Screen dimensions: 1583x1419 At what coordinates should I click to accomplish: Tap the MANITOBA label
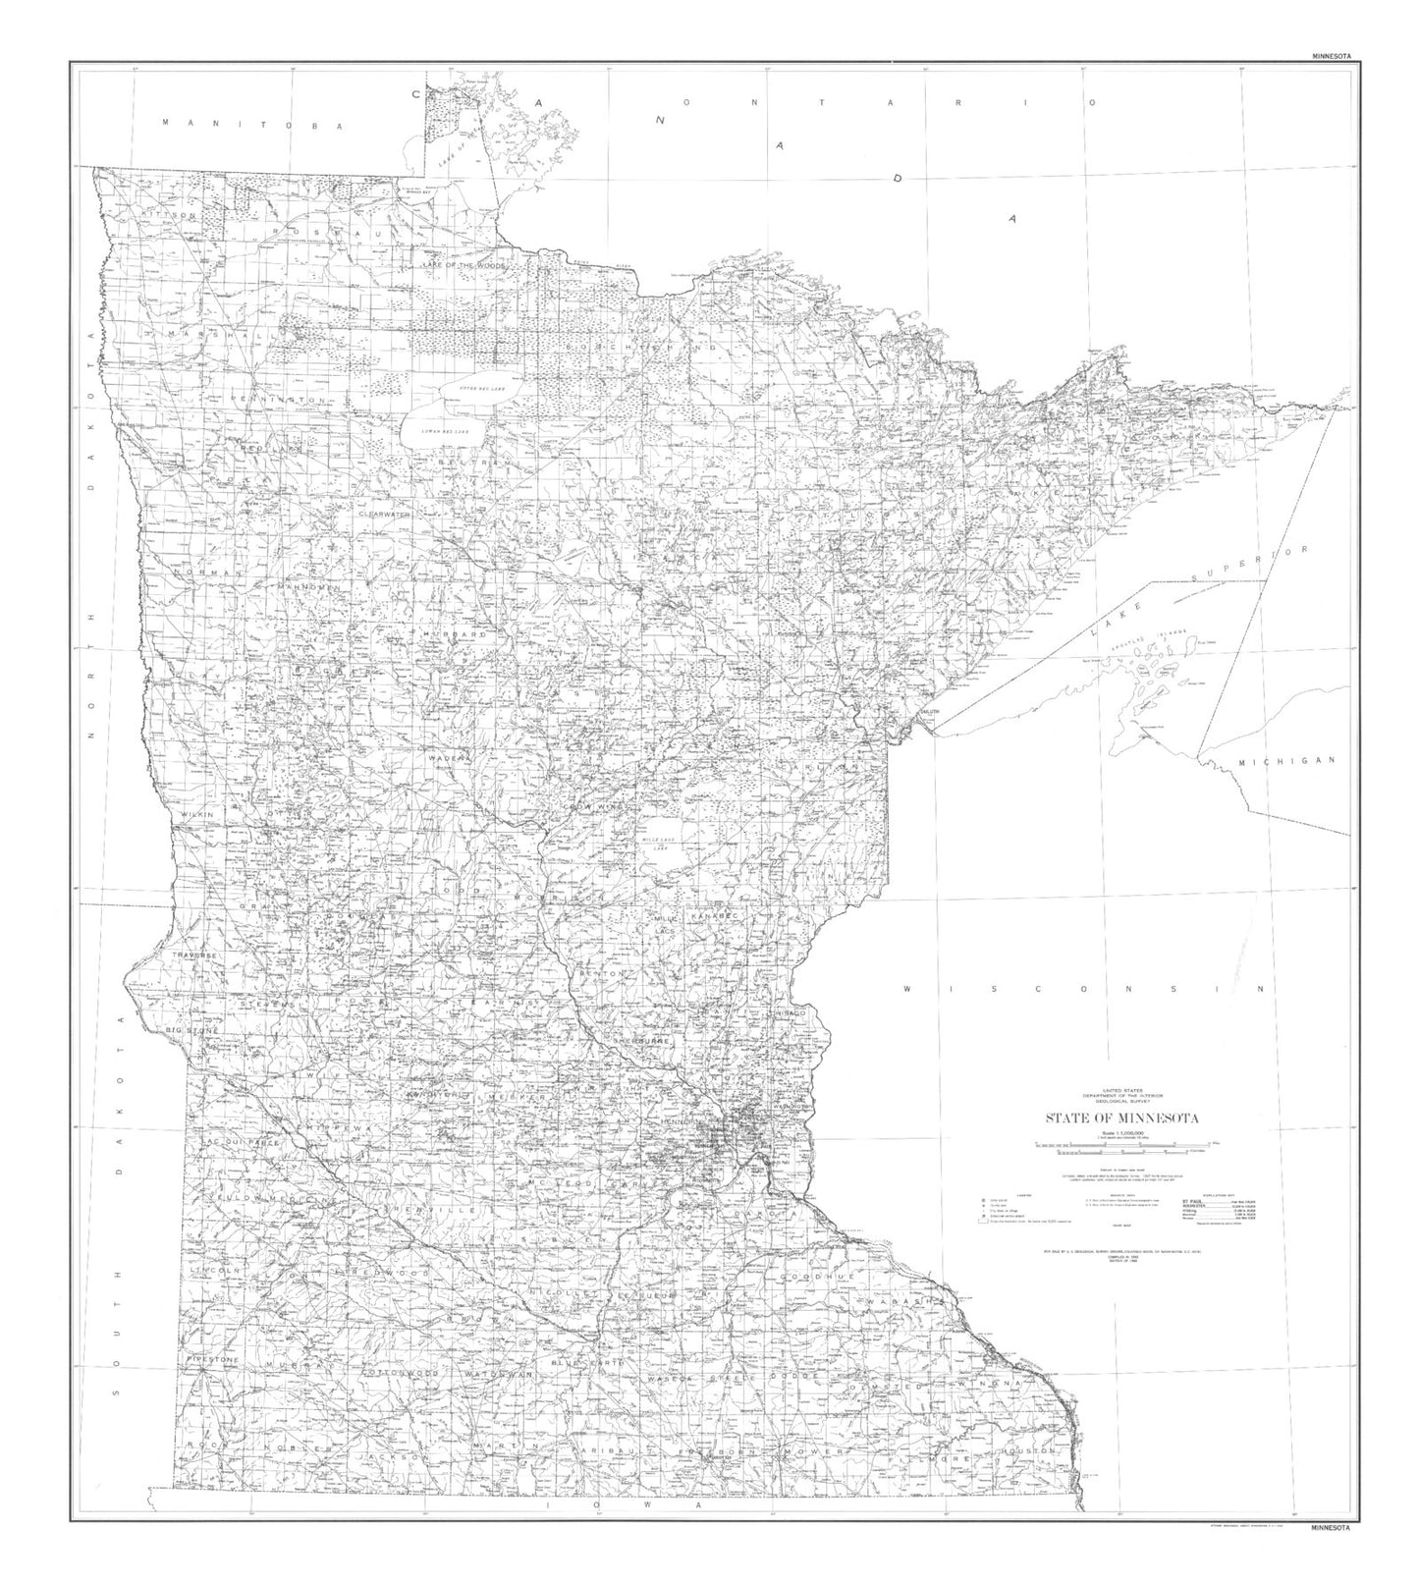(x=254, y=126)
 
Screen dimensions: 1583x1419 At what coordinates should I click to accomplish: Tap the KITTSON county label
(x=169, y=214)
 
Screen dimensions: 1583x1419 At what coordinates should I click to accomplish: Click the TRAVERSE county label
(x=195, y=955)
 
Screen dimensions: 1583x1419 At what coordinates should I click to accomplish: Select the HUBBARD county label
(x=455, y=635)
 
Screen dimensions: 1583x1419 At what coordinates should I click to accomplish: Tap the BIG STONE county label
(x=192, y=1029)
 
